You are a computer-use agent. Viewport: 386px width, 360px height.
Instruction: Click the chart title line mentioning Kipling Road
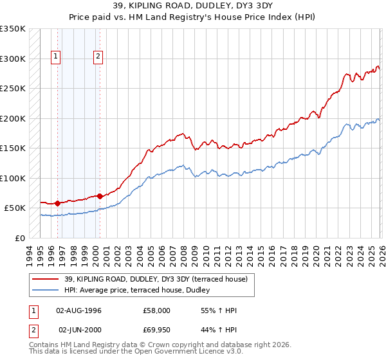point(193,7)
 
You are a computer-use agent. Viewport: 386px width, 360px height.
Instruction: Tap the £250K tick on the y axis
point(13,89)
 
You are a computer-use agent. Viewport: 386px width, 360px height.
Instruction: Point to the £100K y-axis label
point(13,178)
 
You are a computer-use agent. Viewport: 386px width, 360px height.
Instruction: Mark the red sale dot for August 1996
point(57,203)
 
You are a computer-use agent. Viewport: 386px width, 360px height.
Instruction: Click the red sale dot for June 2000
point(99,196)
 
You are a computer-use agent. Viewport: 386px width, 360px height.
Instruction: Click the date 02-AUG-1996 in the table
point(80,310)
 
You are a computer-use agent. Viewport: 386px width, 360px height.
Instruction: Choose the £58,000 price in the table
point(156,310)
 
